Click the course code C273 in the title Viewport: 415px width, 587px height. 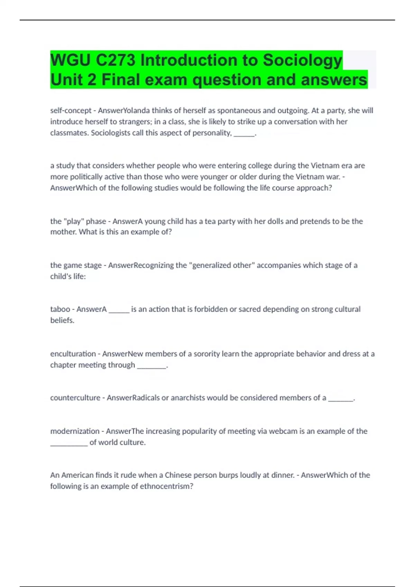pyautogui.click(x=115, y=60)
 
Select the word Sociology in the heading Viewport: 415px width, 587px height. pyautogui.click(x=302, y=60)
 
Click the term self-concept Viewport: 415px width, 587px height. pyautogui.click(x=71, y=110)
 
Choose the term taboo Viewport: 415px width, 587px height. pyautogui.click(x=60, y=309)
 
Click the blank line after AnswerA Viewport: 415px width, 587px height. pyautogui.click(x=119, y=310)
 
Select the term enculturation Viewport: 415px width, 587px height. pyautogui.click(x=73, y=354)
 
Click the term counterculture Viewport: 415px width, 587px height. pyautogui.click(x=75, y=398)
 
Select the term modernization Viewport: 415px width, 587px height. pyautogui.click(x=75, y=431)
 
